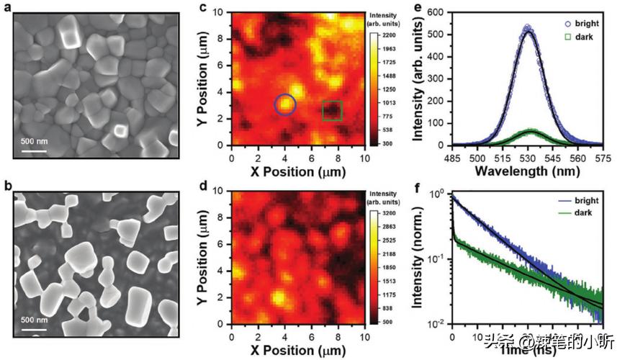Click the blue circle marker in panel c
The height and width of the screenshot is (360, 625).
click(285, 104)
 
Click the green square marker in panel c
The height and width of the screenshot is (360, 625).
click(331, 110)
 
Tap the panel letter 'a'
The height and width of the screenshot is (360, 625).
click(6, 6)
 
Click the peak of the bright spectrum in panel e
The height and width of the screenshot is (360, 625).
click(528, 29)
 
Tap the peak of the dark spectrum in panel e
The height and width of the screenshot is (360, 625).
click(530, 132)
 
